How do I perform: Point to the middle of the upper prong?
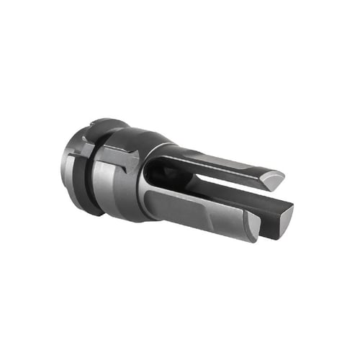(216, 162)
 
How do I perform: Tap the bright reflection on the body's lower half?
(119, 191)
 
